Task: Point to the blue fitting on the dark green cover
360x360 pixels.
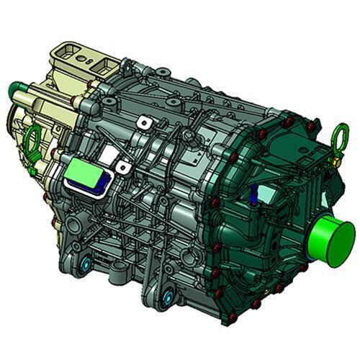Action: [254, 194]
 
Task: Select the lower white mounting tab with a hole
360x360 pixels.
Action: [124, 168]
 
